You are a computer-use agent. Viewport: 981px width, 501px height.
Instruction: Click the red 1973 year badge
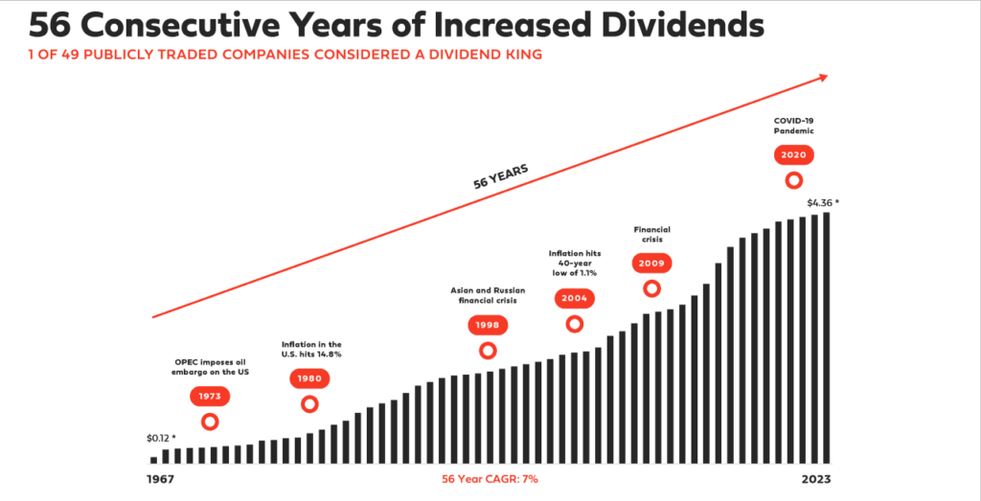tap(209, 396)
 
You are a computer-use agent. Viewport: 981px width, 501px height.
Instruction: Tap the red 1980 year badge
tap(309, 378)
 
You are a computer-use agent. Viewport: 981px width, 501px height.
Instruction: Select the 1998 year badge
tap(488, 325)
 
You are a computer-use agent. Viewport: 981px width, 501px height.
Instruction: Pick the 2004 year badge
tap(574, 298)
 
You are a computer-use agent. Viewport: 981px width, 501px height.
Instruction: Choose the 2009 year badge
tap(652, 262)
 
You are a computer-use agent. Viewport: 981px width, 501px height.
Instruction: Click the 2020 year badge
tap(793, 154)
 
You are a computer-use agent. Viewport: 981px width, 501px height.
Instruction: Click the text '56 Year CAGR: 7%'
tap(490, 477)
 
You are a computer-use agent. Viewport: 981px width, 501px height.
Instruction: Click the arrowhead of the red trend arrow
tap(822, 80)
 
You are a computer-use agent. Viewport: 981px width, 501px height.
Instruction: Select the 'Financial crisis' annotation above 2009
tap(651, 235)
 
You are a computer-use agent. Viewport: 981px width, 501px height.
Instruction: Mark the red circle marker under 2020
tap(793, 179)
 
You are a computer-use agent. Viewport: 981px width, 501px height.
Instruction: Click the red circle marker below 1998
tap(488, 351)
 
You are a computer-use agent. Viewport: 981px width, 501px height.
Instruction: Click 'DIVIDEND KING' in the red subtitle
tap(485, 56)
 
